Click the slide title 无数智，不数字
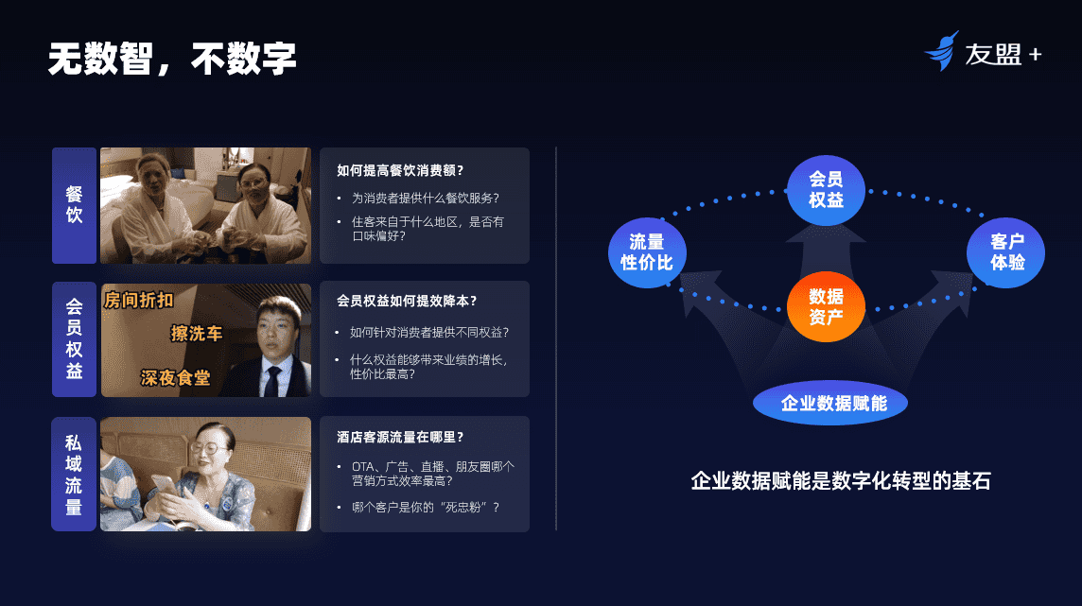(172, 59)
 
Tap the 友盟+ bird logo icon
(942, 51)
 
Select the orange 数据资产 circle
(826, 307)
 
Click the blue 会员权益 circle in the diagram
(826, 190)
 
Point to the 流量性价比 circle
(647, 252)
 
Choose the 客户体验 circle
(1006, 252)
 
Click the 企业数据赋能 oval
(830, 403)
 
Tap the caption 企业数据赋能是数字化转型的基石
(841, 480)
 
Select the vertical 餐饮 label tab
(75, 205)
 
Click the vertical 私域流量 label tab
(74, 474)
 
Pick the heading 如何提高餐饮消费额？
(400, 170)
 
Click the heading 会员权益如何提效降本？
(407, 301)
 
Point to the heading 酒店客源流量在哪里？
(400, 437)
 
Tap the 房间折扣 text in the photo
(139, 300)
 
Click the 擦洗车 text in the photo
(197, 334)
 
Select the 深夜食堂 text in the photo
(175, 378)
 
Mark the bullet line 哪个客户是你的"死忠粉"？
(426, 508)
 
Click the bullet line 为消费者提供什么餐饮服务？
(426, 198)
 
